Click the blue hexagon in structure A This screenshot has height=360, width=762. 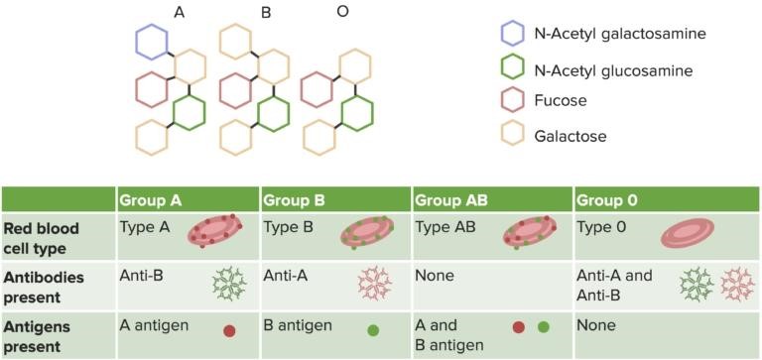(154, 43)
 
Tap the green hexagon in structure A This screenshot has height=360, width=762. (189, 113)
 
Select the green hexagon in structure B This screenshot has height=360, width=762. (272, 113)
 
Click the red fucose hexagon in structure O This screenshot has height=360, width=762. (317, 90)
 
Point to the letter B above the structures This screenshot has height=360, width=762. (266, 13)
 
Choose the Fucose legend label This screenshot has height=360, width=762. (561, 100)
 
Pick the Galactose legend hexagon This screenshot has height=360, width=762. (513, 135)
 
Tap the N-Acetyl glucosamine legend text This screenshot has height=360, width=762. (614, 69)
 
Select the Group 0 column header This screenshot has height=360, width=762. (605, 200)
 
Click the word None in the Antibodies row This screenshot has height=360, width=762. (436, 275)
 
